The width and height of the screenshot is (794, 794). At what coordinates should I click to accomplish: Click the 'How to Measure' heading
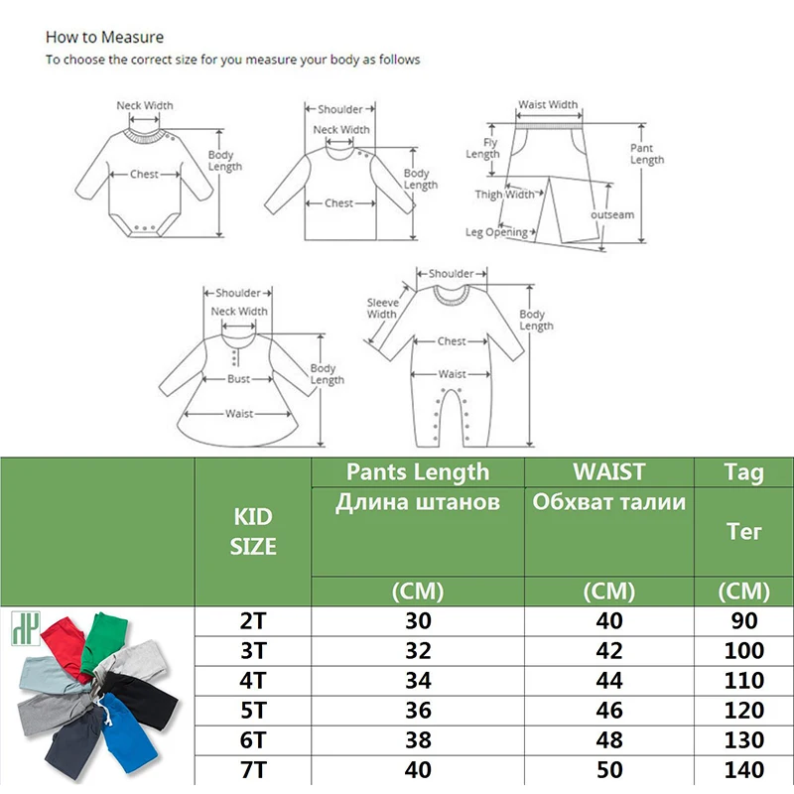click(x=104, y=38)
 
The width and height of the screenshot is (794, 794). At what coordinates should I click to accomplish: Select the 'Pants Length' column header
click(x=417, y=471)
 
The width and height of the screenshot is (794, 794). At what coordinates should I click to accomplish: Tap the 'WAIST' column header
click(x=608, y=471)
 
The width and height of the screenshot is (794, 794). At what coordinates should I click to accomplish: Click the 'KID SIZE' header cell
click(x=253, y=532)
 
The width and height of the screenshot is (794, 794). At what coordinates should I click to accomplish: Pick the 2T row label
click(x=253, y=621)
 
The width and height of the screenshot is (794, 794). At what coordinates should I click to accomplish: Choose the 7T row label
click(x=253, y=769)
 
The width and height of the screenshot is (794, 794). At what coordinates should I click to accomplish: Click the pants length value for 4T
click(x=417, y=681)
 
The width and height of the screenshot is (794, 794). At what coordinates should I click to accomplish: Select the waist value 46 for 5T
click(x=608, y=711)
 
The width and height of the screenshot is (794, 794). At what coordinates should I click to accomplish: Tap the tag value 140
click(x=743, y=769)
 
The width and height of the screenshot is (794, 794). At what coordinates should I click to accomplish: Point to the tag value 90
click(x=743, y=621)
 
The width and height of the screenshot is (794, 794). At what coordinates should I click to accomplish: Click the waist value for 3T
click(x=608, y=651)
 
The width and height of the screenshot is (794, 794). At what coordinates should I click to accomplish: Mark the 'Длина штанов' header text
click(x=417, y=503)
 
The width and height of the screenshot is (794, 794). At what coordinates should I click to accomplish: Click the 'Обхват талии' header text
click(x=608, y=502)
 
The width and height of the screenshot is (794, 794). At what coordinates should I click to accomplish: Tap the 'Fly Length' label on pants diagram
click(x=482, y=149)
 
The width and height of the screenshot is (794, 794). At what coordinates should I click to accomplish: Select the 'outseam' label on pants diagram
click(x=612, y=214)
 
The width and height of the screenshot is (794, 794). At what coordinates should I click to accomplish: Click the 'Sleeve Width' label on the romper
click(x=382, y=308)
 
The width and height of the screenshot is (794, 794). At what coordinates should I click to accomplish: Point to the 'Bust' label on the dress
click(x=239, y=380)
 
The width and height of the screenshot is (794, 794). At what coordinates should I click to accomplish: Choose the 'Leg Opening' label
click(x=497, y=233)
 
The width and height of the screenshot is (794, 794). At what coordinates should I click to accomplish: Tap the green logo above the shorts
click(x=21, y=628)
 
